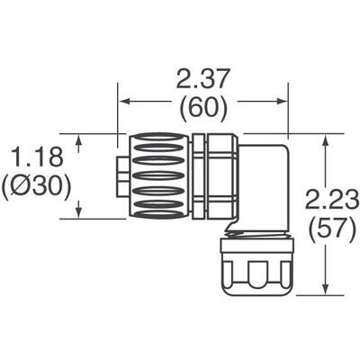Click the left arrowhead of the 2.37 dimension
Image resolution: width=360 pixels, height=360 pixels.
124,101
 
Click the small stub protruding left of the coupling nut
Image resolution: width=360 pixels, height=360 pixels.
121,175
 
